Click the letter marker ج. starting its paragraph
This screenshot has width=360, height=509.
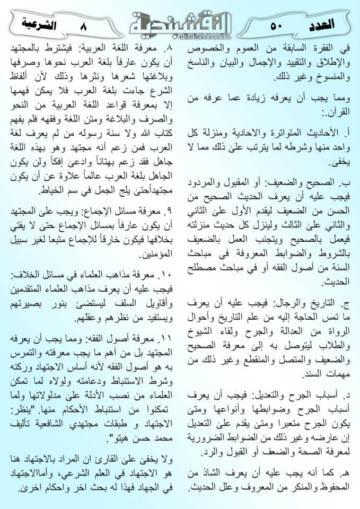[x=346, y=304]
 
